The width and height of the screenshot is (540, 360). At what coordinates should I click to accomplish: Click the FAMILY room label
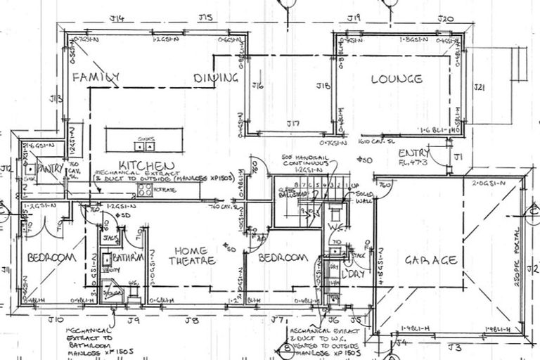95,77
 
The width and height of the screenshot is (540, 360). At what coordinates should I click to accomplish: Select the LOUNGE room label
397,79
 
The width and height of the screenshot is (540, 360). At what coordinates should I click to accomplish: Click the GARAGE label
431,260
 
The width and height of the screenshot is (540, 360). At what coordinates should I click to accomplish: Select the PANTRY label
51,169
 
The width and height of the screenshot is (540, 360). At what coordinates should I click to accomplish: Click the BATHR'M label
129,257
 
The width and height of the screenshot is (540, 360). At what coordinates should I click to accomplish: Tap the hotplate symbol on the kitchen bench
146,188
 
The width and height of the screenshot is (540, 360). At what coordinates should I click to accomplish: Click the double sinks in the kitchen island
146,146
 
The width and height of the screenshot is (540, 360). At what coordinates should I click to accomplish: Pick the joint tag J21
480,87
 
